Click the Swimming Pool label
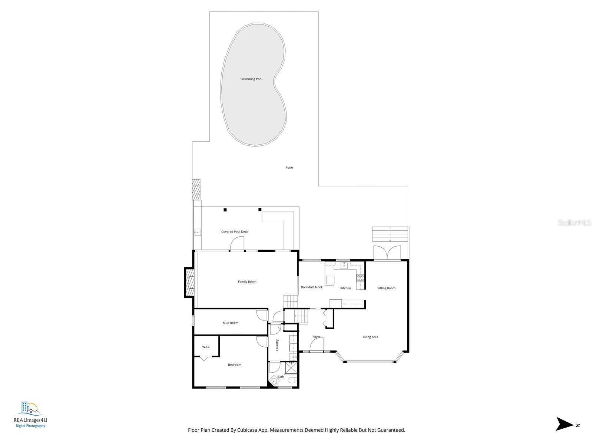tap(251, 79)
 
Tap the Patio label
tap(289, 168)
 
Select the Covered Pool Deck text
tap(235, 231)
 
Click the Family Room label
tap(247, 281)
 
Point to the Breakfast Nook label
tap(311, 287)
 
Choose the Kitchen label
tap(345, 288)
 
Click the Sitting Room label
tap(386, 288)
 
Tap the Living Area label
tap(370, 337)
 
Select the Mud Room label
tap(231, 323)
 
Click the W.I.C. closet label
tap(206, 347)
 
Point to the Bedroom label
tap(235, 365)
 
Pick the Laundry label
tap(277, 345)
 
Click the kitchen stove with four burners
tap(360, 278)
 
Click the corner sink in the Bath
tap(274, 381)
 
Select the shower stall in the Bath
tap(291, 368)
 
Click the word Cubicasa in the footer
tap(247, 430)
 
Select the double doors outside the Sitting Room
tap(387, 253)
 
